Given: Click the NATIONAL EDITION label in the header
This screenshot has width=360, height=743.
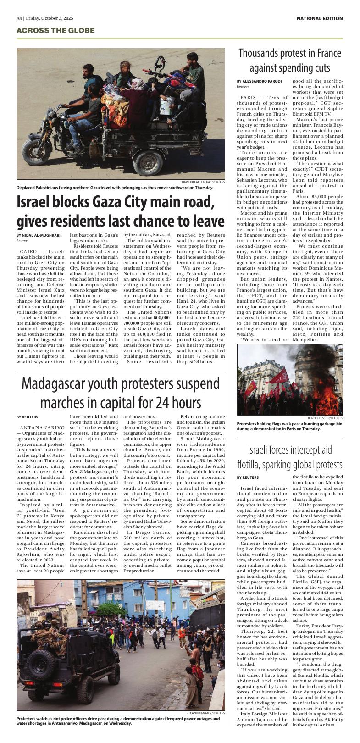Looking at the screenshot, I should [x=319, y=18].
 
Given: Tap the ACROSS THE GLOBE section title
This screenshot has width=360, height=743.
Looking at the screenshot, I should [x=55, y=31].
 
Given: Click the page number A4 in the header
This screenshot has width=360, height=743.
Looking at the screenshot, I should [x=19, y=18].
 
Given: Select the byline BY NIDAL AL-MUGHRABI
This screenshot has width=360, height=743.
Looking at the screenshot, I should [x=38, y=235].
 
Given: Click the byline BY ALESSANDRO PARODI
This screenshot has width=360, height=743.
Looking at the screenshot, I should [x=259, y=81].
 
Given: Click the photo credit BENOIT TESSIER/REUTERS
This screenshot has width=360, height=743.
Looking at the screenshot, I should [x=325, y=418].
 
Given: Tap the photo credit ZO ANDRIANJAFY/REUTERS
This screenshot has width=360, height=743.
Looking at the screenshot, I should [x=205, y=713].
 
